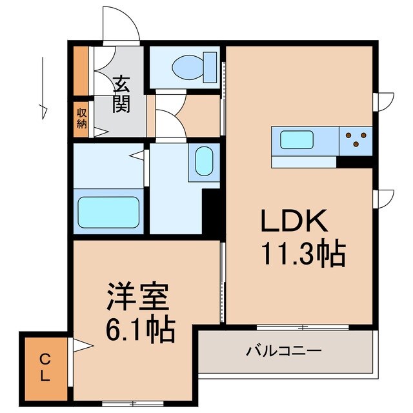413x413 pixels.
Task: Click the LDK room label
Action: tap(294, 221)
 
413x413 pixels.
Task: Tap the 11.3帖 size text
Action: tap(303, 254)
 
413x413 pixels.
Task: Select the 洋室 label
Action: tap(137, 298)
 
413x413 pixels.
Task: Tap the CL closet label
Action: tap(45, 368)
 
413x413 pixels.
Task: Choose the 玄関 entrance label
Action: tap(121, 94)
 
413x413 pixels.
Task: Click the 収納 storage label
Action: tap(81, 119)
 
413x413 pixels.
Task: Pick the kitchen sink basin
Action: tap(296, 139)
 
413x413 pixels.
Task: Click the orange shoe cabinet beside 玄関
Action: tap(81, 70)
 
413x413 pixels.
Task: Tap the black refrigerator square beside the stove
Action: tap(354, 161)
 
